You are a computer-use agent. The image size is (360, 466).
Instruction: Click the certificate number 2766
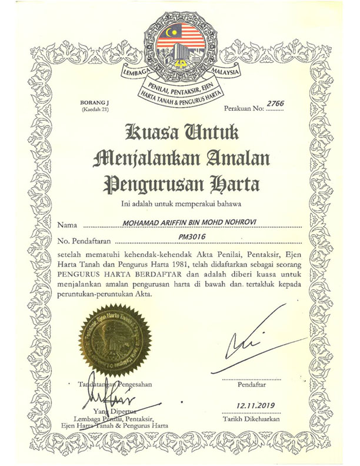coord(275,104)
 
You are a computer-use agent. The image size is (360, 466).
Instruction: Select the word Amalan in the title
coord(235,157)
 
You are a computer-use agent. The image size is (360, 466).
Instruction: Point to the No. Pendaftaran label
coord(85,241)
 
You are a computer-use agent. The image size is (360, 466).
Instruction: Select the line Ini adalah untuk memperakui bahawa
coord(179,204)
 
